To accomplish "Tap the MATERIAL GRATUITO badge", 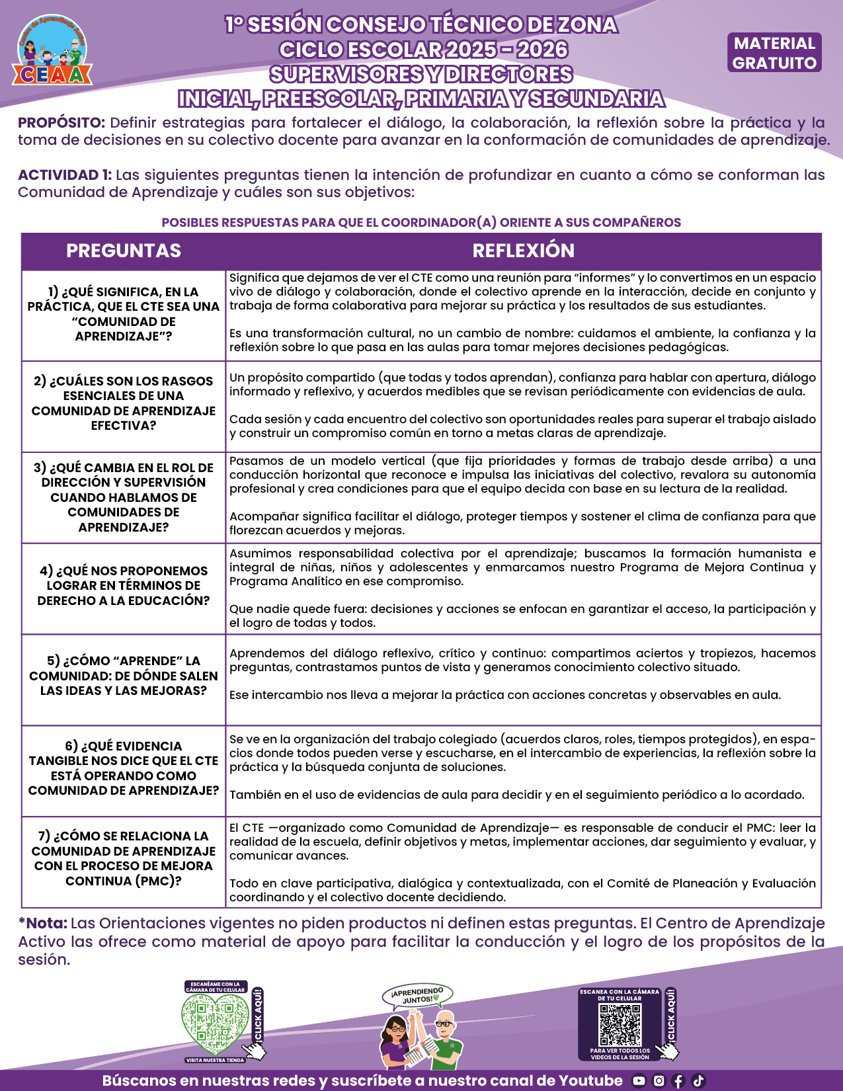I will tap(774, 53).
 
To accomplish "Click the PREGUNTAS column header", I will tap(124, 251).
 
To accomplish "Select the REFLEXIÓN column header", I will tap(523, 251).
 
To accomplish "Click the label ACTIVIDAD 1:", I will tap(65, 175).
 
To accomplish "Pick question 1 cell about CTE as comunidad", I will tap(124, 314).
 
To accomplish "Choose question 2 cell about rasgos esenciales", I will tap(124, 403).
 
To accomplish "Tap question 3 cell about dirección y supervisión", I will tap(124, 497).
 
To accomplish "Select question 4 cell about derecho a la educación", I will tap(124, 586).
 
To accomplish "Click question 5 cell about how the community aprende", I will tap(124, 676).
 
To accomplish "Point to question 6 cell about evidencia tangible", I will tap(124, 768).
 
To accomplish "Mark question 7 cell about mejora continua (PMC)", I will tap(124, 858).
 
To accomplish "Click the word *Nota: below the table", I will tap(42, 923).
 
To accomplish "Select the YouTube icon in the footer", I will tap(639, 1081).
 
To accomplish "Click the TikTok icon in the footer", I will tap(698, 1081).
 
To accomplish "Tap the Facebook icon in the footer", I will tap(678, 1081).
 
